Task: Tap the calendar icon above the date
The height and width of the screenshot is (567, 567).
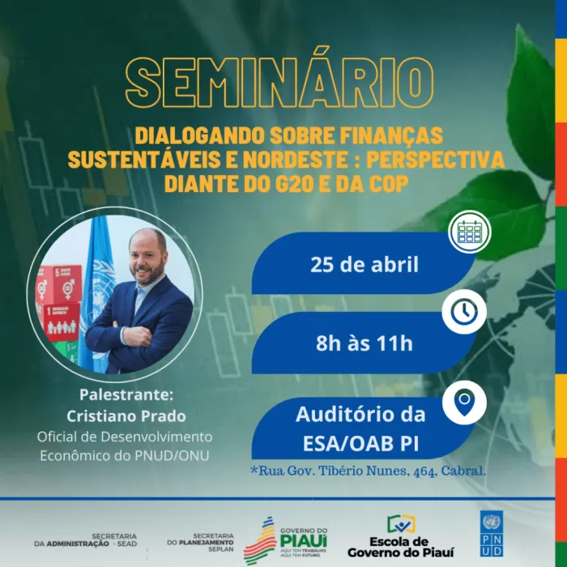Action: [468, 232]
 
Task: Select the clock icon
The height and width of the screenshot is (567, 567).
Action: [464, 312]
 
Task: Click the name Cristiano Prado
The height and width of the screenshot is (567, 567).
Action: [126, 416]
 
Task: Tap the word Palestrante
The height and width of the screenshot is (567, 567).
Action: [126, 395]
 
